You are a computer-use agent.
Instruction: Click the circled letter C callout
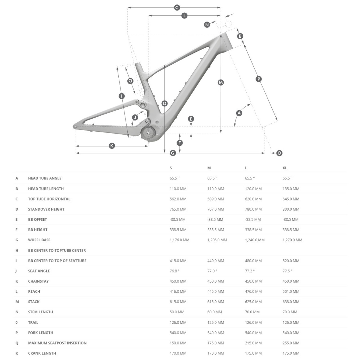click(x=177, y=8)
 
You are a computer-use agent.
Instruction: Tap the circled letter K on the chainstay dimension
click(x=112, y=146)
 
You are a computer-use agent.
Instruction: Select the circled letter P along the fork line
click(x=258, y=79)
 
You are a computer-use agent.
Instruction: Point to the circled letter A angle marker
click(x=239, y=113)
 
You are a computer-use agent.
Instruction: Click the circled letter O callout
click(x=279, y=153)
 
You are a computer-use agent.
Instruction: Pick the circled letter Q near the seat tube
click(x=130, y=81)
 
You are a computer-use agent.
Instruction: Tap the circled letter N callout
click(x=207, y=25)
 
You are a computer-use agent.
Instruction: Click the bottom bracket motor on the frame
click(x=148, y=132)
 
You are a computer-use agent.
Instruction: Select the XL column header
click(x=285, y=168)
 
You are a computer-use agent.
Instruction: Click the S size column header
click(x=171, y=168)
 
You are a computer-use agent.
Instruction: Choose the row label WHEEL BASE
click(x=39, y=240)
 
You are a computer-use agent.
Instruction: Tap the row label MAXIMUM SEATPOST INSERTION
click(x=57, y=343)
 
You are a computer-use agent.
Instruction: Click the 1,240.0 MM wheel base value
click(x=255, y=240)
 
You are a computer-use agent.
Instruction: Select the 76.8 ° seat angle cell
click(x=174, y=271)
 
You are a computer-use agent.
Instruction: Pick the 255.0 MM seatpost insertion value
click(x=291, y=343)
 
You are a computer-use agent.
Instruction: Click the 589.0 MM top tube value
click(x=215, y=199)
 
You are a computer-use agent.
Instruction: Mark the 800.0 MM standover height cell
click(x=291, y=209)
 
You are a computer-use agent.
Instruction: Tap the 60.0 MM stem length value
click(x=215, y=312)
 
